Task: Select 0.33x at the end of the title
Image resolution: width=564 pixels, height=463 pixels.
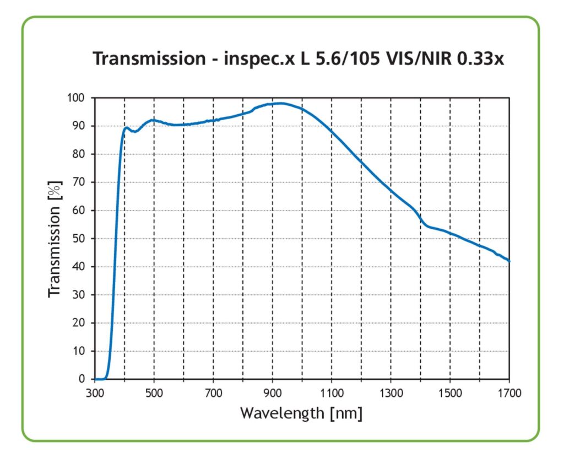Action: tap(480, 58)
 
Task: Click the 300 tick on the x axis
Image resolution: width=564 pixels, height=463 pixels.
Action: tap(95, 394)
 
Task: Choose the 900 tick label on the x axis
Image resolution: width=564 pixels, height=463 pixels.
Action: tap(273, 394)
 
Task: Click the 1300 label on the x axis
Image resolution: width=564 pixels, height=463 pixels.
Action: tap(391, 394)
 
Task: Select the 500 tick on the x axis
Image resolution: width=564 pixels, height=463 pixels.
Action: tap(154, 394)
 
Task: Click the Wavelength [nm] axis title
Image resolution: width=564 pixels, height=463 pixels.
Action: tap(301, 413)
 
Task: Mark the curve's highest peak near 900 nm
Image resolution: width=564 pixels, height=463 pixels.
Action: tap(280, 103)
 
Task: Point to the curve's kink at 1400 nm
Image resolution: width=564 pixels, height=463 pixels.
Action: tap(422, 222)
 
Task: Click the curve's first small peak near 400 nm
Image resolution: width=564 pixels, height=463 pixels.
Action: tap(127, 128)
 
